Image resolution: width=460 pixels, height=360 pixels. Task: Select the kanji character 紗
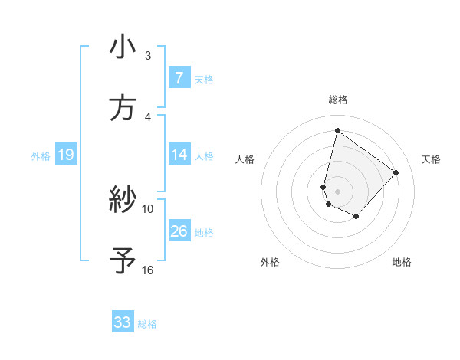click(x=123, y=201)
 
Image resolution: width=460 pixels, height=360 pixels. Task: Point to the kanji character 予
click(x=123, y=261)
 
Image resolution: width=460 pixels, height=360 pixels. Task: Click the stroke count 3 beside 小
click(x=148, y=56)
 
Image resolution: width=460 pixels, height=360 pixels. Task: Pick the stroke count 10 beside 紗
click(x=148, y=208)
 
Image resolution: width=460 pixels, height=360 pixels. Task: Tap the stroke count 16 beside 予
click(x=148, y=270)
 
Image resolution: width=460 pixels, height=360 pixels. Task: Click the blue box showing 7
click(x=179, y=78)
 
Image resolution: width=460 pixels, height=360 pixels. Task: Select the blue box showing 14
click(x=179, y=155)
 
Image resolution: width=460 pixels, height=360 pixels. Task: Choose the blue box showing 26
click(x=179, y=231)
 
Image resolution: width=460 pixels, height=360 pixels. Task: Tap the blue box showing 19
click(x=65, y=155)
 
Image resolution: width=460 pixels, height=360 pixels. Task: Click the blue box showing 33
click(x=123, y=322)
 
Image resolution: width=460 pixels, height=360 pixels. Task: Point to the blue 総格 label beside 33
click(x=147, y=324)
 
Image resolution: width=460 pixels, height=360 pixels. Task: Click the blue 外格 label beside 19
click(x=41, y=156)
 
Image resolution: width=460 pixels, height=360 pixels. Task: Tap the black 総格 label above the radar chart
click(x=338, y=100)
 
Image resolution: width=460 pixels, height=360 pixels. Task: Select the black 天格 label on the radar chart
click(x=431, y=159)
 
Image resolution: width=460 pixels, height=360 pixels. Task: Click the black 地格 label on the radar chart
click(x=402, y=262)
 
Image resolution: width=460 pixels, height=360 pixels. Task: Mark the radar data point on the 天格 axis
click(x=396, y=172)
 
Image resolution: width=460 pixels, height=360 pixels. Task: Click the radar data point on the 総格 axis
click(x=337, y=131)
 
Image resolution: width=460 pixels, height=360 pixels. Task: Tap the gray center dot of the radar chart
click(x=337, y=191)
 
